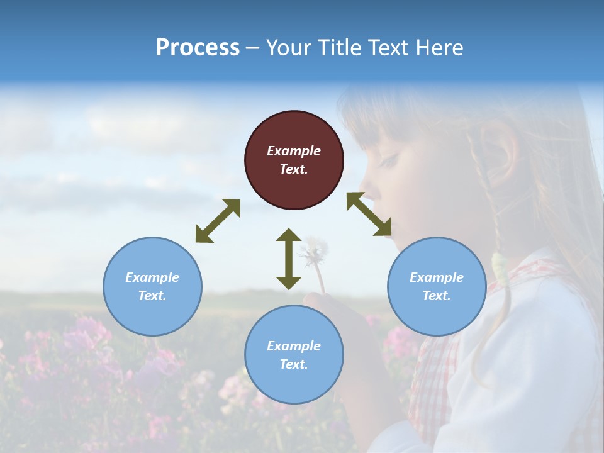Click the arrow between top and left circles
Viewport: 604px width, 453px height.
(x=218, y=221)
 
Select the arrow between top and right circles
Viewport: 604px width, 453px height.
(x=369, y=215)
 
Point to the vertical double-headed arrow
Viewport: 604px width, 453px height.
(x=289, y=259)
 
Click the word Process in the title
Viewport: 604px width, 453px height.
(x=198, y=48)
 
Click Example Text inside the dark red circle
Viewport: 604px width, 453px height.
(x=294, y=160)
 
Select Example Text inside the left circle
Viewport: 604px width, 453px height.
(x=152, y=286)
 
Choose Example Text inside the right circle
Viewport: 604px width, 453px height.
(x=437, y=286)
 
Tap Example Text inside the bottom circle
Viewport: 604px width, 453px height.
(x=294, y=355)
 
